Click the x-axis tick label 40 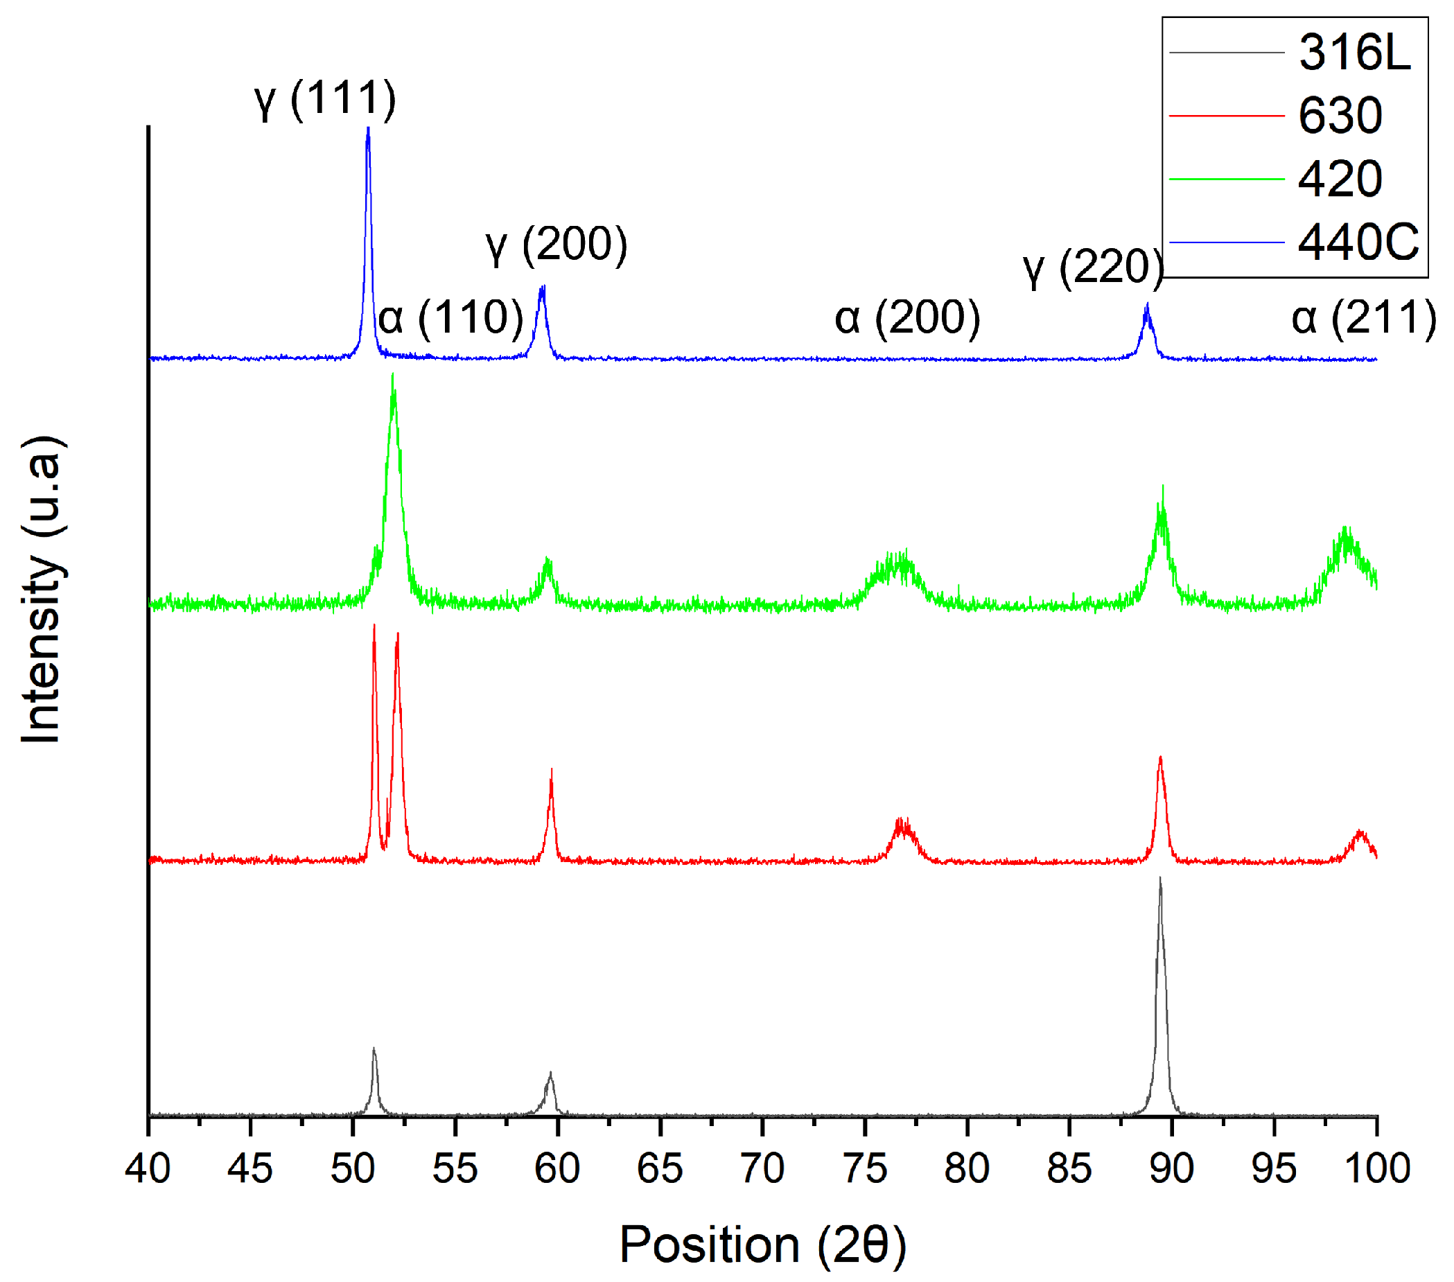pyautogui.click(x=148, y=1169)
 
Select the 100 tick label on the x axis pyautogui.click(x=1377, y=1169)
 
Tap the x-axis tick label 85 pyautogui.click(x=1069, y=1169)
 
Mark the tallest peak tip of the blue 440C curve pyautogui.click(x=368, y=128)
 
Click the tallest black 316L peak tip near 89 pyautogui.click(x=1160, y=879)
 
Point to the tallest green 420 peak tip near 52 pyautogui.click(x=393, y=374)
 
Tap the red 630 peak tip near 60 pyautogui.click(x=551, y=770)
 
